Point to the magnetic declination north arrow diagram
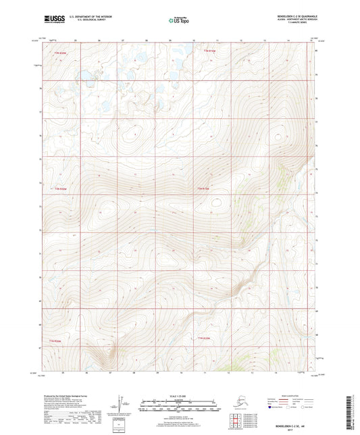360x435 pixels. (121, 403)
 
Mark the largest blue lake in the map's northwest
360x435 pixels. (86, 74)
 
